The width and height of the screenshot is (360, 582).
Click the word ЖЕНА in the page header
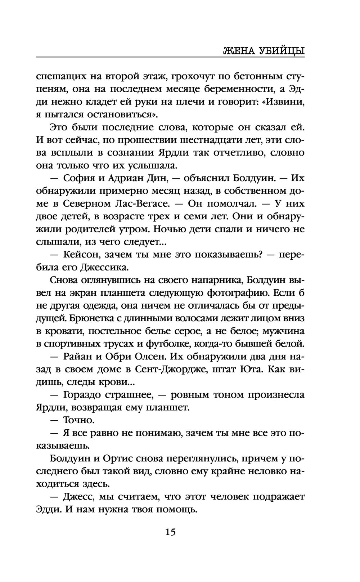point(240,50)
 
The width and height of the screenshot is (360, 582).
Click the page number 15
point(170,532)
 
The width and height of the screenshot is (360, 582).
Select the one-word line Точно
point(79,420)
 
